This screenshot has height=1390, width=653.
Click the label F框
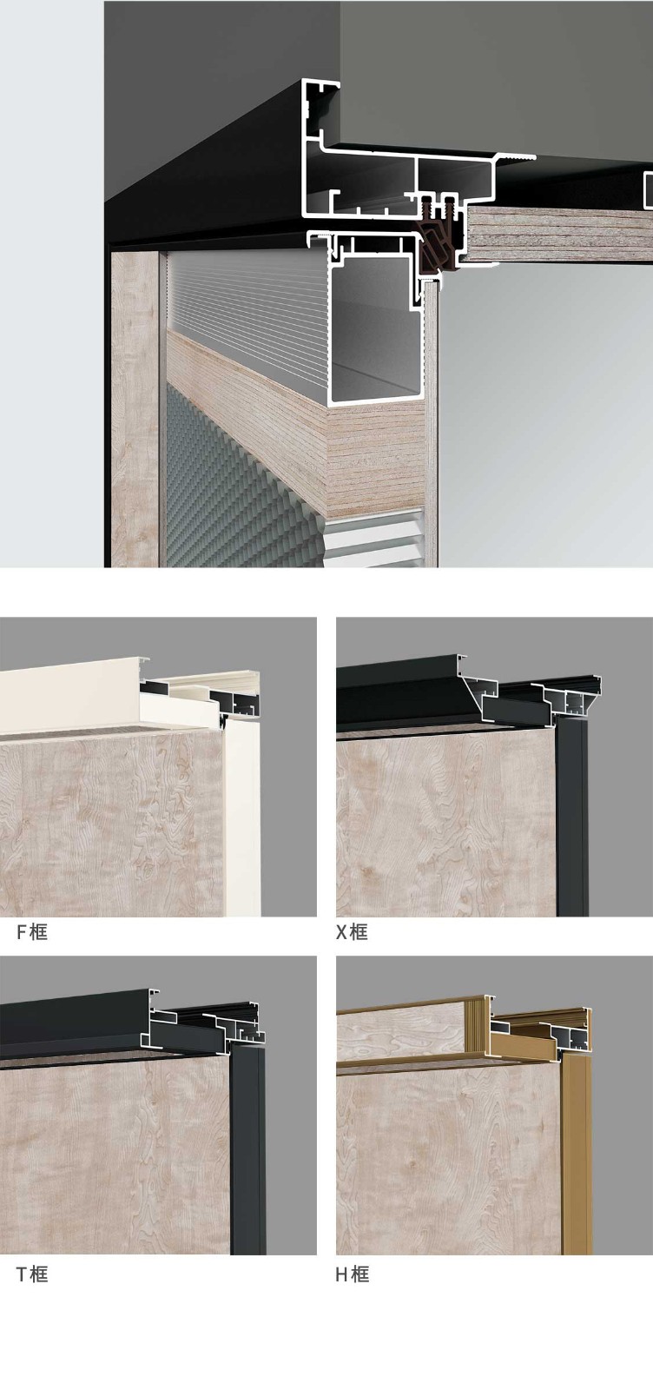tap(31, 931)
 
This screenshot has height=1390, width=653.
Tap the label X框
tap(352, 931)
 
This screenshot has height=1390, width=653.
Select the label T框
tap(31, 1274)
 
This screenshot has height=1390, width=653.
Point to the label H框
tap(353, 1274)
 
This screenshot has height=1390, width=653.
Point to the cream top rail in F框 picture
tap(71, 695)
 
